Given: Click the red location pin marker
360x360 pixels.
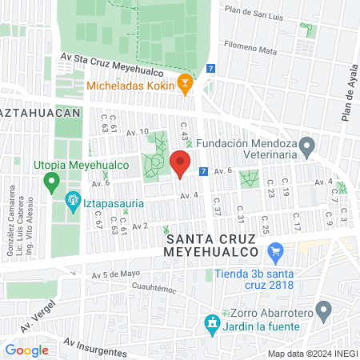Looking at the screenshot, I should coord(180,166).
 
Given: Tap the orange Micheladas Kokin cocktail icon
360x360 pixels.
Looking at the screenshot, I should coord(186,83).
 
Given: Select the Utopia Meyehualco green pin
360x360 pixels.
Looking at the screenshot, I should coord(53,183).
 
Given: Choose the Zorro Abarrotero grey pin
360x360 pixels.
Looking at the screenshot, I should coord(324,309).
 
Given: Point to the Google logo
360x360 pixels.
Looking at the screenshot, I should coord(26,350).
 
